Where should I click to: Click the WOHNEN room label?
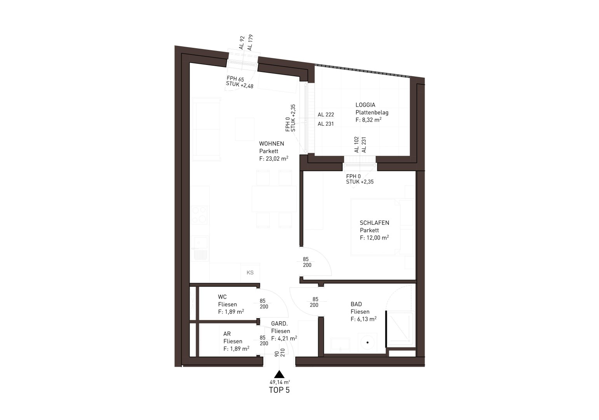[x=272, y=143]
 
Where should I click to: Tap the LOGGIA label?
[x=365, y=105]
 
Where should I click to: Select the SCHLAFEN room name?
[x=374, y=223]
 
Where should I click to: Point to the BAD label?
[x=356, y=304]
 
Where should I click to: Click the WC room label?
[x=222, y=297]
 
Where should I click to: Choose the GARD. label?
[x=279, y=324]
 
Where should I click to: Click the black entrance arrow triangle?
[x=279, y=374]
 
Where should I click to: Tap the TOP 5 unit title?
[x=279, y=390]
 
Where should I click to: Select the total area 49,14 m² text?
[x=280, y=382]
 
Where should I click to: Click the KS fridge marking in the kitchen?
[x=250, y=273]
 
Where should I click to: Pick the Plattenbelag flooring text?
[x=372, y=113]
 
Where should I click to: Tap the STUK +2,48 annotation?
[x=240, y=85]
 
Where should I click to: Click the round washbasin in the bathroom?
[x=367, y=342]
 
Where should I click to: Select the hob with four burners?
[x=200, y=215]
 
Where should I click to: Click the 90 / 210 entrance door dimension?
[x=280, y=353]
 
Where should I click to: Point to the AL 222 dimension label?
[x=326, y=115]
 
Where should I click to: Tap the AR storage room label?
[x=227, y=334]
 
